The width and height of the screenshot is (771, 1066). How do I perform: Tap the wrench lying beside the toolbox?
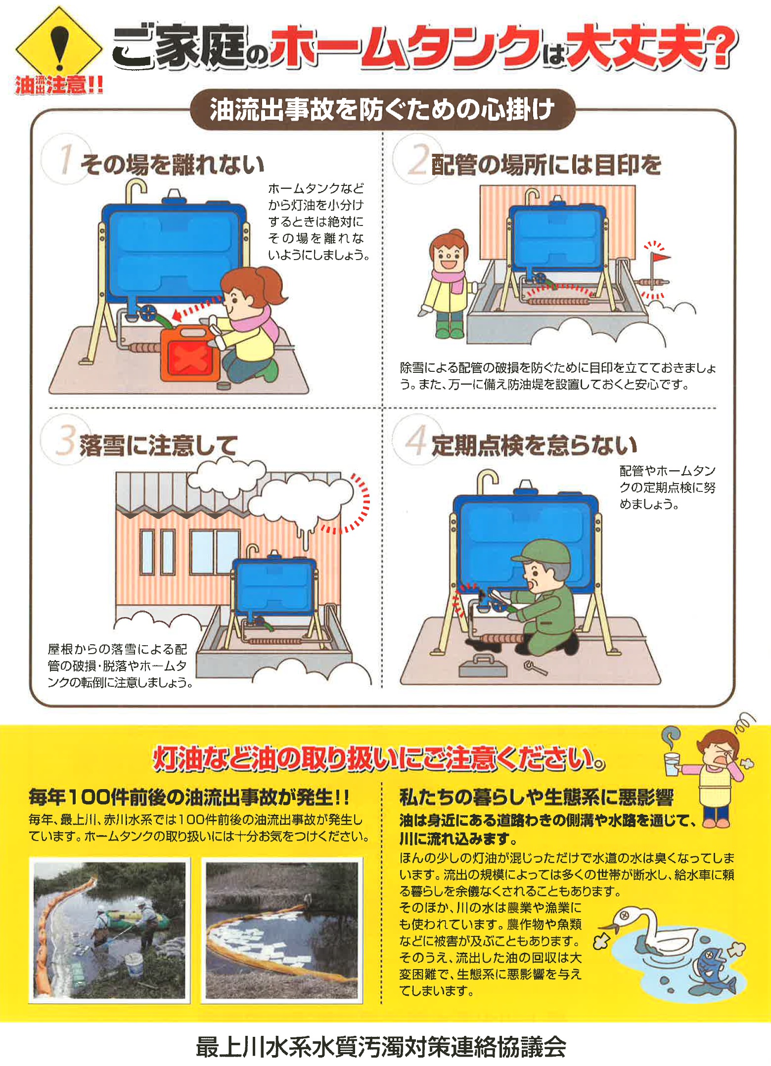[536, 668]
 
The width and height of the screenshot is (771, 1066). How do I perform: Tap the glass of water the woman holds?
[671, 764]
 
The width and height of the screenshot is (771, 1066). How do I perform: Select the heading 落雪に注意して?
[158, 445]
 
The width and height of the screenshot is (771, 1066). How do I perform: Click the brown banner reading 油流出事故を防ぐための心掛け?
[382, 109]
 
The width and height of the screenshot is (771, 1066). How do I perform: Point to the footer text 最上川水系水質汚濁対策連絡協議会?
[381, 1046]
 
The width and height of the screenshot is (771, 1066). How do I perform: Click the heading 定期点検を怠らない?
[534, 445]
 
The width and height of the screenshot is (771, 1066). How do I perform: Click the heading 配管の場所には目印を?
[546, 164]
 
